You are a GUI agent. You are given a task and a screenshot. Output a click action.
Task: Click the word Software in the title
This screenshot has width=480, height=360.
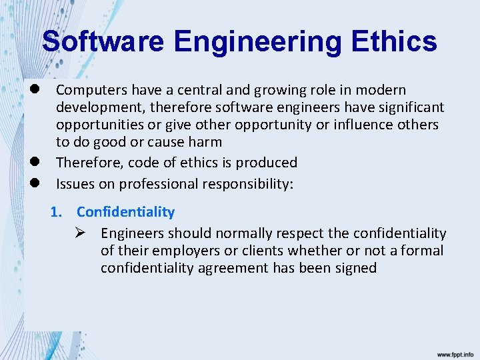103,42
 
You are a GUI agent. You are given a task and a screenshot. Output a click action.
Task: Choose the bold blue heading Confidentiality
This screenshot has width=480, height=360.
125,212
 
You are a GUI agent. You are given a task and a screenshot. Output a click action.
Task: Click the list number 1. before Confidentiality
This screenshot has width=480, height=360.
57,212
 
